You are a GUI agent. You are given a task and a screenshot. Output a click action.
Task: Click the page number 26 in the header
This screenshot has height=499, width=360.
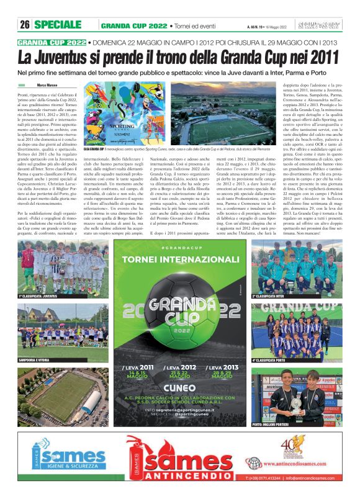click(x=25, y=25)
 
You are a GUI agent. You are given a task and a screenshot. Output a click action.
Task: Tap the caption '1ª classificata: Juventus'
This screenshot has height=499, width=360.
click(x=42, y=297)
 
